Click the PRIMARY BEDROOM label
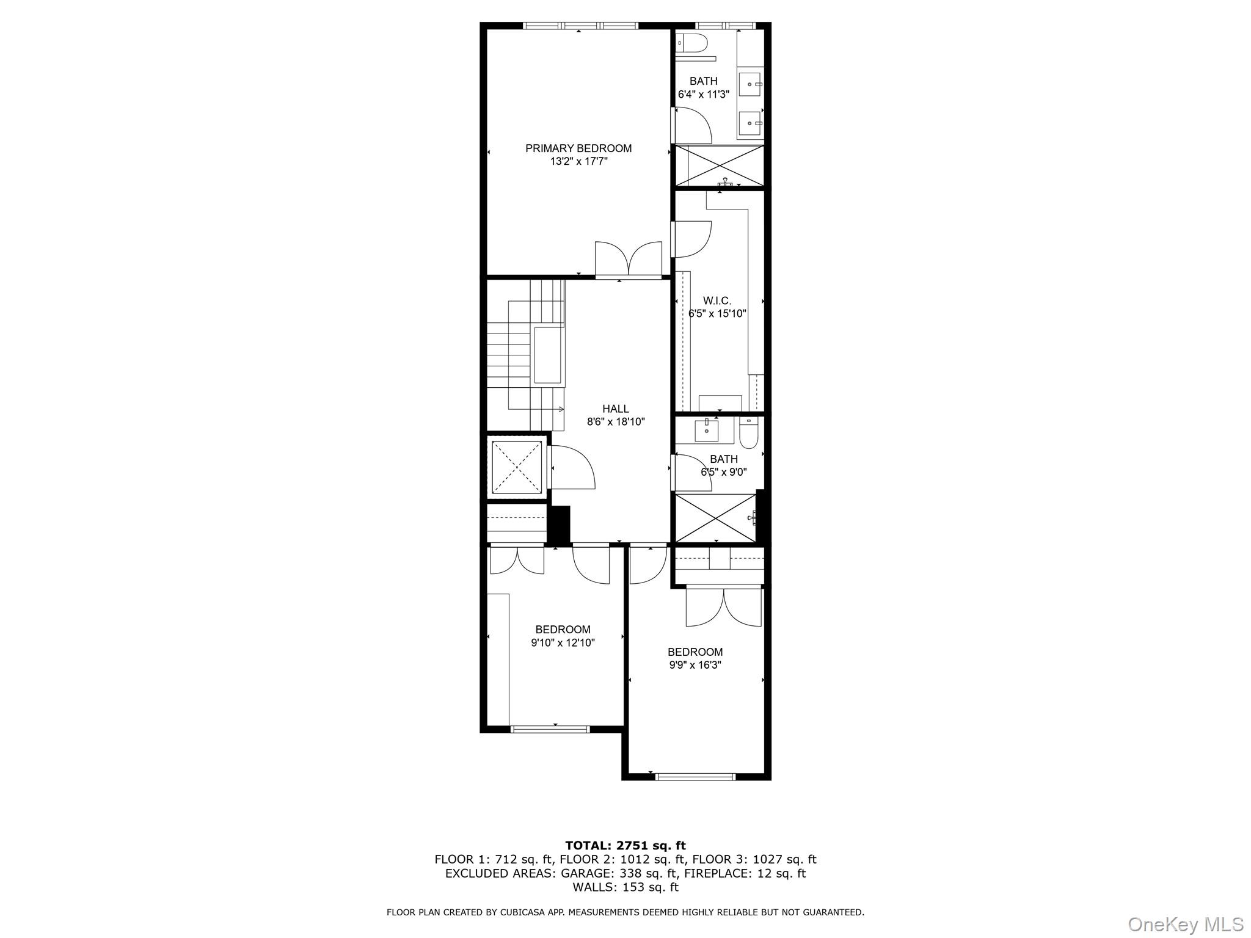click(578, 148)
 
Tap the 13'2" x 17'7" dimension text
click(578, 162)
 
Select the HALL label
click(615, 409)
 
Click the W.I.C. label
click(717, 301)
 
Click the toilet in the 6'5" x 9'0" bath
click(748, 432)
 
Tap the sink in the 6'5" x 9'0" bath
click(707, 429)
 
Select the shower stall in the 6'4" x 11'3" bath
click(718, 165)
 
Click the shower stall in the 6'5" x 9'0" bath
click(715, 518)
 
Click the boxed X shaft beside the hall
click(517, 467)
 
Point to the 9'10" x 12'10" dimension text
click(563, 643)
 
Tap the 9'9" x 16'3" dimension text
click(695, 665)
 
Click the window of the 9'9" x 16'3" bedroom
click(695, 777)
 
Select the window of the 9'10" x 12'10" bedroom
click(550, 729)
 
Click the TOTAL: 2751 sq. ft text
click(625, 846)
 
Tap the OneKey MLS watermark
click(1185, 924)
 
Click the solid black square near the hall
click(559, 524)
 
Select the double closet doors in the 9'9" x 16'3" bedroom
click(724, 607)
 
